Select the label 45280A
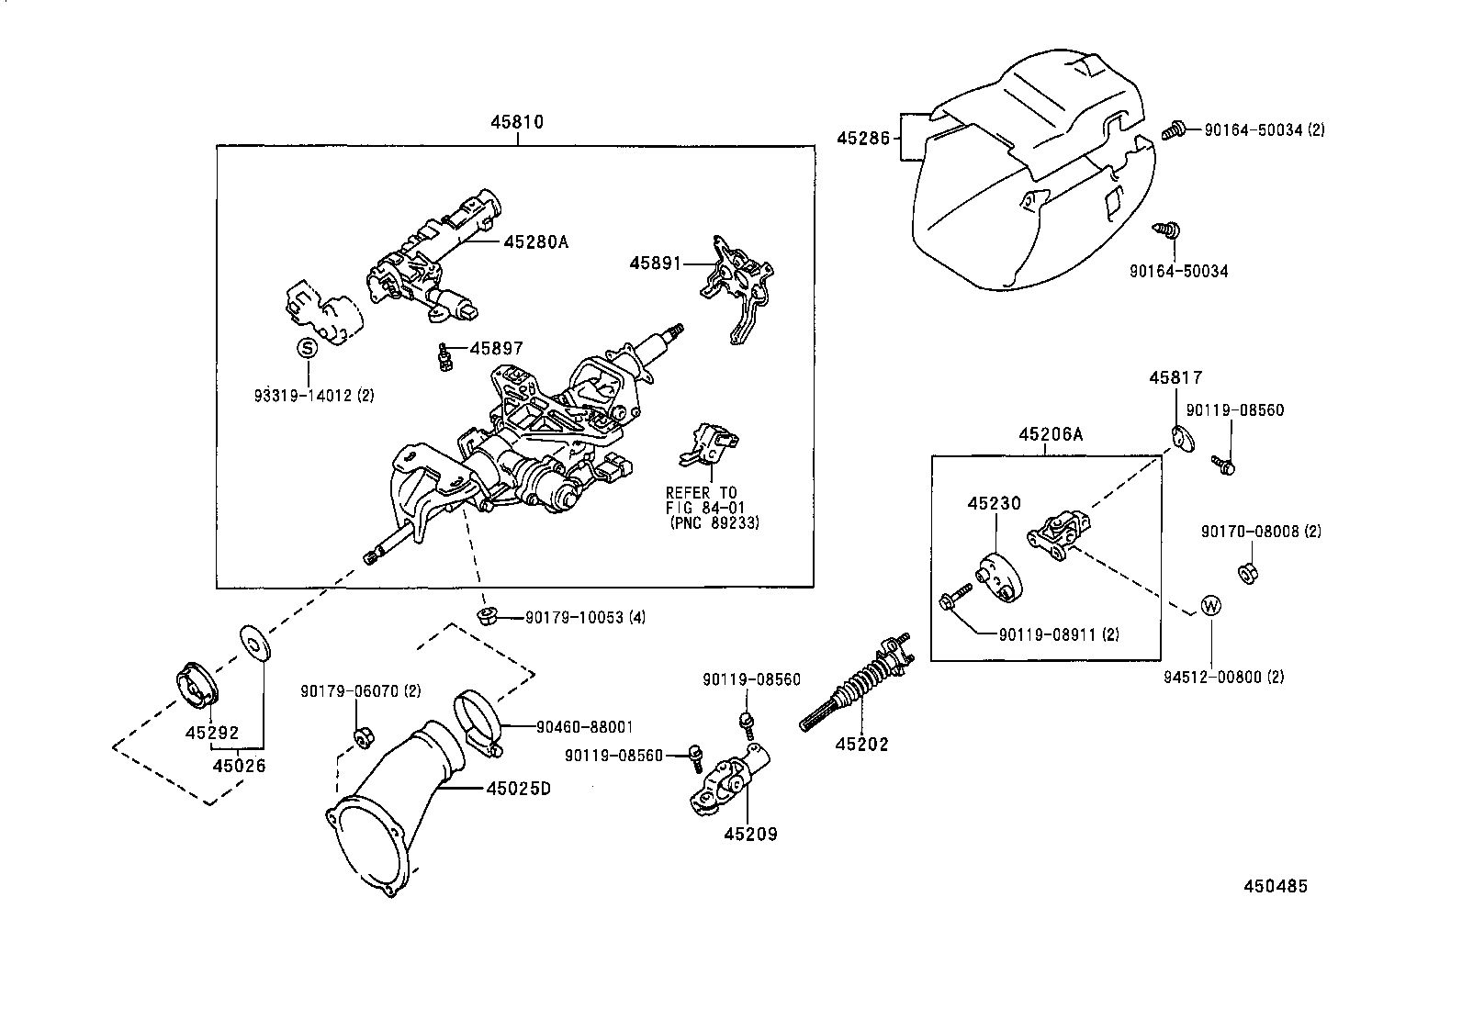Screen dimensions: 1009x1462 tap(535, 242)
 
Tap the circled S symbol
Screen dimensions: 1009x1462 tap(307, 348)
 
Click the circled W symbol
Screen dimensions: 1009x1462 tap(1211, 606)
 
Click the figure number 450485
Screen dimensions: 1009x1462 tap(1275, 886)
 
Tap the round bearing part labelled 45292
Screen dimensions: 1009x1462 tap(196, 685)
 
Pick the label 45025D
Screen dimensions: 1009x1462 tap(518, 789)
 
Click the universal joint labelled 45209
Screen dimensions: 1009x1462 tap(729, 782)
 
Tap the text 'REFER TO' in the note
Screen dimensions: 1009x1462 tap(701, 493)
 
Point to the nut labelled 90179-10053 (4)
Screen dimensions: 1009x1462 tap(487, 614)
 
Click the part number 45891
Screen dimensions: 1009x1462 tap(655, 263)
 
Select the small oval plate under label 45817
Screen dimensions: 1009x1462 tap(1183, 438)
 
